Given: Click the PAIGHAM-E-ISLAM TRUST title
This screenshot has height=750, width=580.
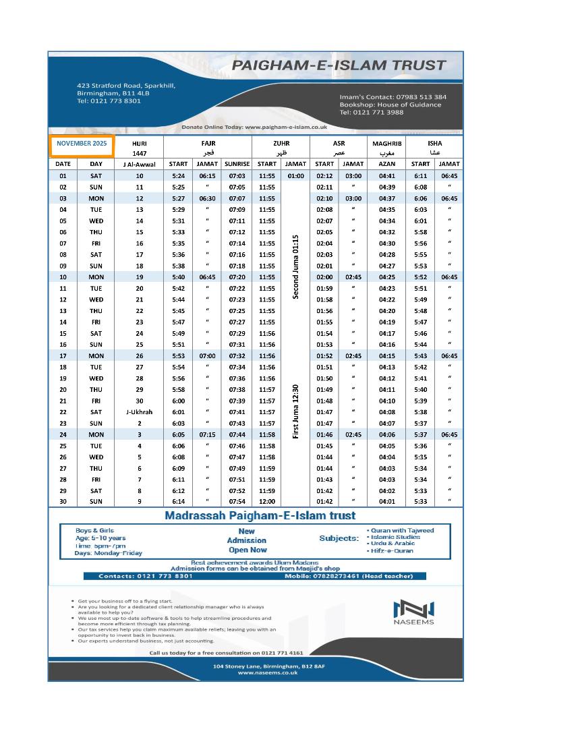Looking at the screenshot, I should (x=339, y=66).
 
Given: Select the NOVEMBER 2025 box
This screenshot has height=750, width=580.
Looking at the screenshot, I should (x=82, y=144).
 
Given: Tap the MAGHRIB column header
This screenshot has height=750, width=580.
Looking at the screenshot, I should (x=386, y=144).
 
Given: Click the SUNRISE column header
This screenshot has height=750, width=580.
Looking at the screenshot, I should (x=237, y=164).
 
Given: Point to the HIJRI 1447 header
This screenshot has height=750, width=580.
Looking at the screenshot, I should (x=139, y=148).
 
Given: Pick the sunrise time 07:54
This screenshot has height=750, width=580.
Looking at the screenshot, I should (x=237, y=501).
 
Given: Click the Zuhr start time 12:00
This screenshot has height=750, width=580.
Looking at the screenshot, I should (x=267, y=501).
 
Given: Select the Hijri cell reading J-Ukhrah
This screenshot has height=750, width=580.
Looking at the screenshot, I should (x=139, y=412).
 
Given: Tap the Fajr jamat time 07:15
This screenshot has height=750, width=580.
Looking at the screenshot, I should (x=207, y=434).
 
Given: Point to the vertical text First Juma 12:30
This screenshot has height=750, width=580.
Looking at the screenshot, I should (x=295, y=411).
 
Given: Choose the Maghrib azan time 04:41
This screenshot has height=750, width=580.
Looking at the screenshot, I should (x=386, y=176).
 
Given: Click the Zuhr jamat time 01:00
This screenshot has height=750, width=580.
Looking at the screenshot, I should (x=295, y=176).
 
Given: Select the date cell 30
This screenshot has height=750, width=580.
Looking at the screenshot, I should (x=63, y=501).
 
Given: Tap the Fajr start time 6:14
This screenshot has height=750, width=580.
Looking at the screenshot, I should (x=178, y=501).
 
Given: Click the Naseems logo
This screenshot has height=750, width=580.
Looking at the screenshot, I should (x=414, y=612).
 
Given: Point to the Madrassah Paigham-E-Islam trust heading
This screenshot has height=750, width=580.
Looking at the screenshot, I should (x=260, y=516).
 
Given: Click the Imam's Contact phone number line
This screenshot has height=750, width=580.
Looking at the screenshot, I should (x=393, y=97).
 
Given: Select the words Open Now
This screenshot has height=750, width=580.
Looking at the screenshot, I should (x=248, y=550).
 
